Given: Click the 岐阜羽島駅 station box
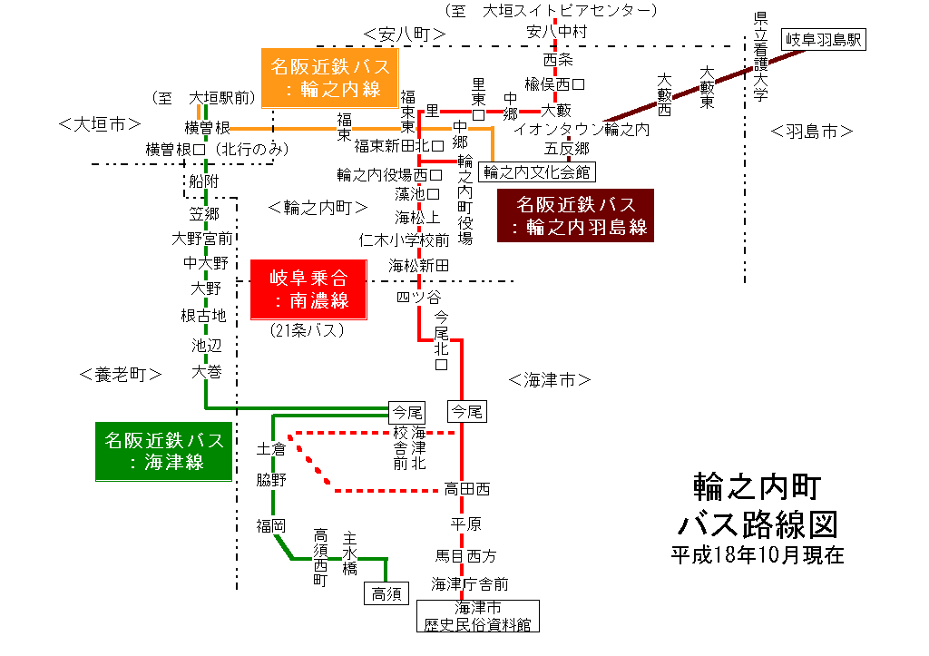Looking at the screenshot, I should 826,39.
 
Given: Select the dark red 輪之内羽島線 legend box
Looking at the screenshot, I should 576,215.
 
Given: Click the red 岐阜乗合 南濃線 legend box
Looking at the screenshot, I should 309,289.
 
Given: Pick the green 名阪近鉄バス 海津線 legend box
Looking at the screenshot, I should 163,451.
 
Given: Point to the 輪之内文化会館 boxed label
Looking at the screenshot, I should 537,171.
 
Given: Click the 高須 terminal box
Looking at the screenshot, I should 386,593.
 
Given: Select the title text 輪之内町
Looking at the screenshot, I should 757,487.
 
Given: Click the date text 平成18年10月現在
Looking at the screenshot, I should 757,554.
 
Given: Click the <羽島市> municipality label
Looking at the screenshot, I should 812,132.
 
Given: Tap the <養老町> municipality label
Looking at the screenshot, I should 121,374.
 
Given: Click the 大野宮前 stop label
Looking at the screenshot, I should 201,239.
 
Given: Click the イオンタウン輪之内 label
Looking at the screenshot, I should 582,130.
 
